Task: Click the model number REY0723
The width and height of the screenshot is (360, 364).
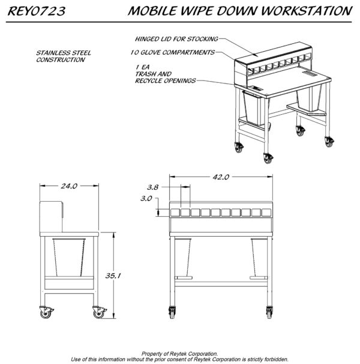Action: [37, 11]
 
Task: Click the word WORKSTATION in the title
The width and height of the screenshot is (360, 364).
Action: [307, 11]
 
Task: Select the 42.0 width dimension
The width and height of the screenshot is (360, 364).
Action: [221, 177]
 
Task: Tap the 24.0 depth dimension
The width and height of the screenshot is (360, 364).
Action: [69, 186]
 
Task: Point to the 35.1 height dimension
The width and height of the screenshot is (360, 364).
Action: [113, 276]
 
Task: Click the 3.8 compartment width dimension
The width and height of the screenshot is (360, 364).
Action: [152, 187]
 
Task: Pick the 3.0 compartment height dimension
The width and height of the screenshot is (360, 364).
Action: [146, 198]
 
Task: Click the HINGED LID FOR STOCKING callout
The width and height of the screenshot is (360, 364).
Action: [176, 39]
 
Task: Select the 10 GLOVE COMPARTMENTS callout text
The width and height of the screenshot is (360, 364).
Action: [173, 52]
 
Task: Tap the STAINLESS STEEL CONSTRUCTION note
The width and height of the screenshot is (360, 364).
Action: [64, 56]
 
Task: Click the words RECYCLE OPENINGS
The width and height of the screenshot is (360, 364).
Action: [166, 80]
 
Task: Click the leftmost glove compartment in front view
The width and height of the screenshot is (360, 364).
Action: [175, 213]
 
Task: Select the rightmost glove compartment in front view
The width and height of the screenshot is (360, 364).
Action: [266, 213]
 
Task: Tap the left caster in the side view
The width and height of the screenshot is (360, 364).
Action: [46, 312]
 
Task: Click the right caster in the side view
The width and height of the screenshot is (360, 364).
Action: [99, 312]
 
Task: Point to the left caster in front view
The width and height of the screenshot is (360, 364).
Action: [172, 312]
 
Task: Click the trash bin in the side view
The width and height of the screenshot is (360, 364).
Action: [69, 257]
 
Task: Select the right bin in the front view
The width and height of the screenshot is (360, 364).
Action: [259, 257]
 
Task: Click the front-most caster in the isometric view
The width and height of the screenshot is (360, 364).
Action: [268, 158]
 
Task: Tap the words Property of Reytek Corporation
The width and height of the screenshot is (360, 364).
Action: [180, 354]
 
